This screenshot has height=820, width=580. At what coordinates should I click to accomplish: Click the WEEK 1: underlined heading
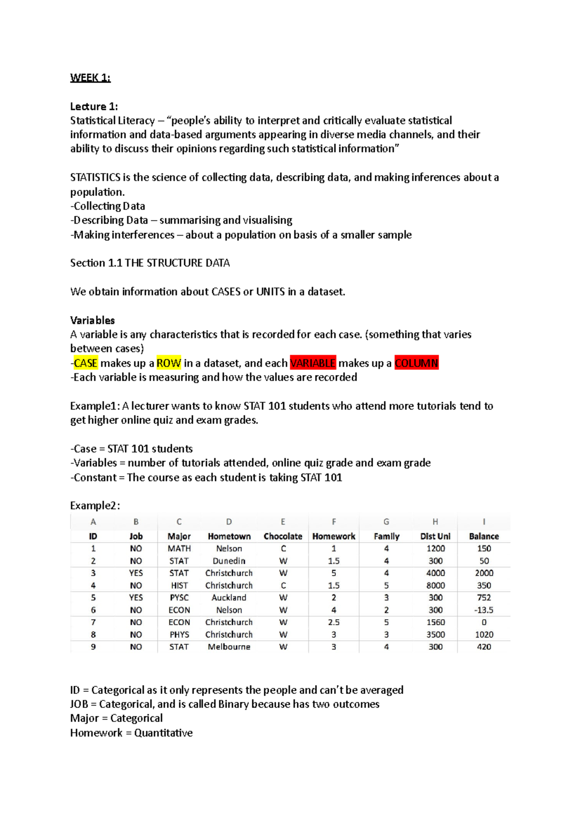pos(90,78)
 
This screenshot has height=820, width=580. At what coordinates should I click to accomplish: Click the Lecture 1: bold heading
pos(94,106)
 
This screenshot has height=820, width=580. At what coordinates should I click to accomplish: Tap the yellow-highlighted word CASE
pos(86,363)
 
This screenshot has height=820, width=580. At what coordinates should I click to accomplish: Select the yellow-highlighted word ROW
pos(169,363)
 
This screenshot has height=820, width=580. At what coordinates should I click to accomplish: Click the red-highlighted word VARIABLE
pos(313,363)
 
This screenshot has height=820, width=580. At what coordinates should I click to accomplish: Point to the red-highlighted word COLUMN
pos(416,363)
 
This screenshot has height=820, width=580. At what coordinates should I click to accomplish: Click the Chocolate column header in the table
pos(283,536)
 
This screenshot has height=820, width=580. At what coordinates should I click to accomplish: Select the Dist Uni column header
pos(435,536)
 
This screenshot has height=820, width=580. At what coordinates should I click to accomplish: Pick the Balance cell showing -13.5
pos(484,610)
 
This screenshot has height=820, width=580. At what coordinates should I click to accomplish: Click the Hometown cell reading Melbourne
pos(229,647)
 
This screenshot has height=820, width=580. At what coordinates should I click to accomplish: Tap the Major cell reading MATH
pos(179,549)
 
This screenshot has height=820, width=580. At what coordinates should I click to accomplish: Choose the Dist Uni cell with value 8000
pos(435,585)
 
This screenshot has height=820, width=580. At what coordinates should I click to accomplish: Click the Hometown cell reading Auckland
pos(229,597)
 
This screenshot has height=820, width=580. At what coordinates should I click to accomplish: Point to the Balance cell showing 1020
pos(484,635)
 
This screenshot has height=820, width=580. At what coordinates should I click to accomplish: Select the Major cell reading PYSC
pos(179,597)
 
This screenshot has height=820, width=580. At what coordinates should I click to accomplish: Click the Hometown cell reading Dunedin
pos(229,561)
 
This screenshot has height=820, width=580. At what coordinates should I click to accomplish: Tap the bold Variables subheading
pos(92,320)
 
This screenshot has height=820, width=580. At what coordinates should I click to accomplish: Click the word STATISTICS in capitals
pos(95,177)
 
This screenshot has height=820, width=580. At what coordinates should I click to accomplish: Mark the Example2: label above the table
pos(95,506)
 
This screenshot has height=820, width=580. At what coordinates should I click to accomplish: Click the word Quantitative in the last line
pos(163,733)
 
